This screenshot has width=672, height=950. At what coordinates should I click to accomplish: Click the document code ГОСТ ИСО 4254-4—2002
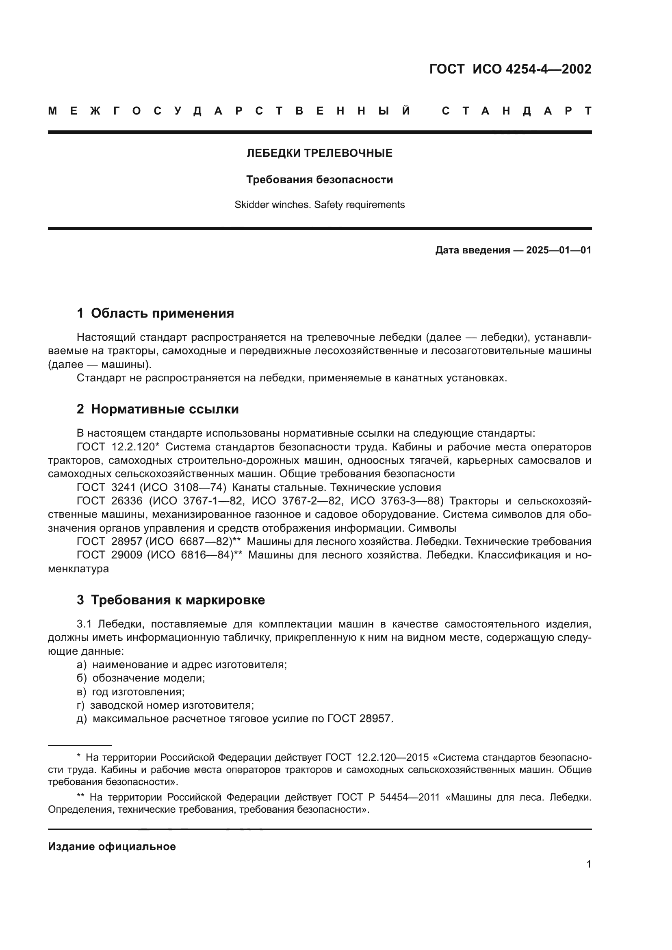click(510, 69)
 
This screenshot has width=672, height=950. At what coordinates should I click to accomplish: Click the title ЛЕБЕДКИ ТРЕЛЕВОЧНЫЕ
click(319, 154)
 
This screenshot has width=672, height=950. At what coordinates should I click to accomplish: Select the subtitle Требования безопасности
click(319, 180)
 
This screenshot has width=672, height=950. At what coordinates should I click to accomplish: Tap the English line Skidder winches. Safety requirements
click(319, 205)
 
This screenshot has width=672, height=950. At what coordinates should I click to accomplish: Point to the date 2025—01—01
click(559, 250)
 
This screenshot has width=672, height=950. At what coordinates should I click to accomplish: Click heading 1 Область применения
click(155, 313)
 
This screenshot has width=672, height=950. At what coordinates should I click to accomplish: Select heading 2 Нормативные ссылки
click(158, 409)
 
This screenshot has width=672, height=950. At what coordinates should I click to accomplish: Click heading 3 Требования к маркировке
click(171, 600)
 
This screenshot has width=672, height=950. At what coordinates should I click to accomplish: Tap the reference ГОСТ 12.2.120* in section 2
click(118, 447)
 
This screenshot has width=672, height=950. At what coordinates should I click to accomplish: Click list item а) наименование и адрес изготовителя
click(182, 665)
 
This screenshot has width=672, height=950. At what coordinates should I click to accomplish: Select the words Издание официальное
click(112, 846)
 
